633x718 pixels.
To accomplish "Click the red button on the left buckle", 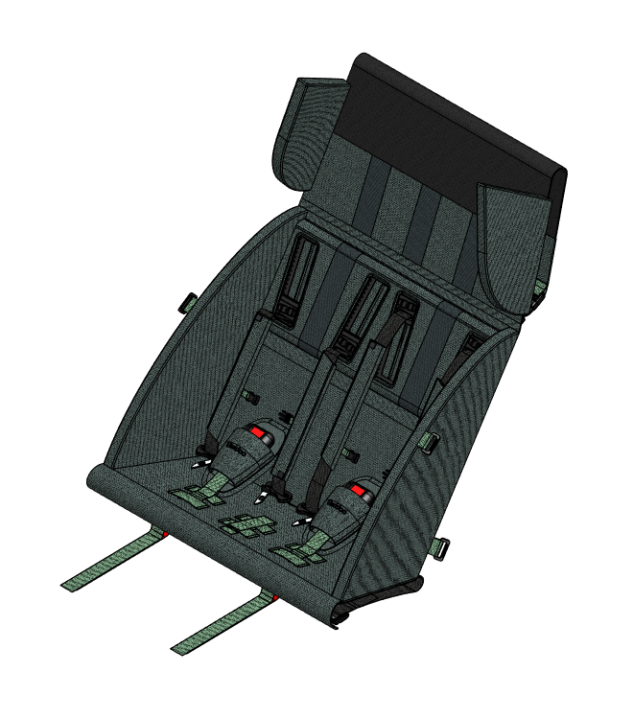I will pos(257,433).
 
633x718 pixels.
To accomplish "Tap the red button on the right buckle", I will pos(358,491).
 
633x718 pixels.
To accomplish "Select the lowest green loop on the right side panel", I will pos(442,548).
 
